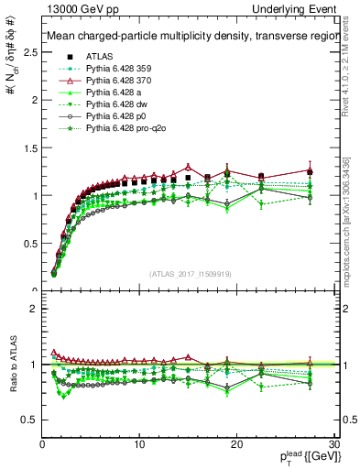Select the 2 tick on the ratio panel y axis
[x=32, y=309]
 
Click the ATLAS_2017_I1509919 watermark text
[x=189, y=274]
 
